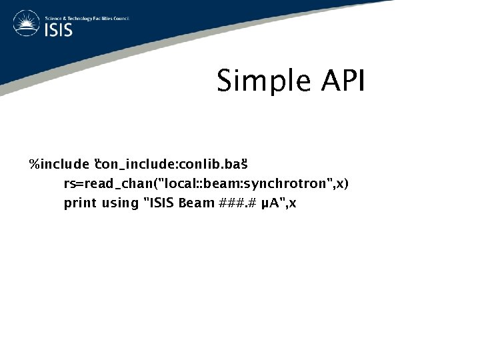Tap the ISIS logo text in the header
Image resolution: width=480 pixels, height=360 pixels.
coord(61,30)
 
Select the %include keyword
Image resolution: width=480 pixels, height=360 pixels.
coord(59,164)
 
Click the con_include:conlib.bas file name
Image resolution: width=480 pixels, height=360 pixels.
coord(172,164)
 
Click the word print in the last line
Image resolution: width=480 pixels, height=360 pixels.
coord(79,203)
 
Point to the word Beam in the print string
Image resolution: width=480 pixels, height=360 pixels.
coord(197,203)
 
